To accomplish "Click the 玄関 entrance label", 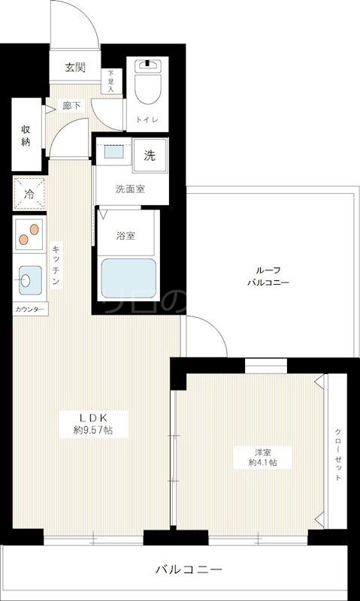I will tap(74, 68).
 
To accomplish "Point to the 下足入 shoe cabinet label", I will tap(111, 80).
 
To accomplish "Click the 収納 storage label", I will tap(25, 136).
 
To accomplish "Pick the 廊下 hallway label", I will tap(72, 106).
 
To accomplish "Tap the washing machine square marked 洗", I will tap(150, 155).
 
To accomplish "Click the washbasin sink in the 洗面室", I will tap(114, 153).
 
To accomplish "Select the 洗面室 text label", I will tap(130, 189).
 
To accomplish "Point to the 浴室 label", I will tap(125, 235).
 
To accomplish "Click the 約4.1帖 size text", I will tap(262, 463).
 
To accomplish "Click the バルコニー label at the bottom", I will tap(179, 569).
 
